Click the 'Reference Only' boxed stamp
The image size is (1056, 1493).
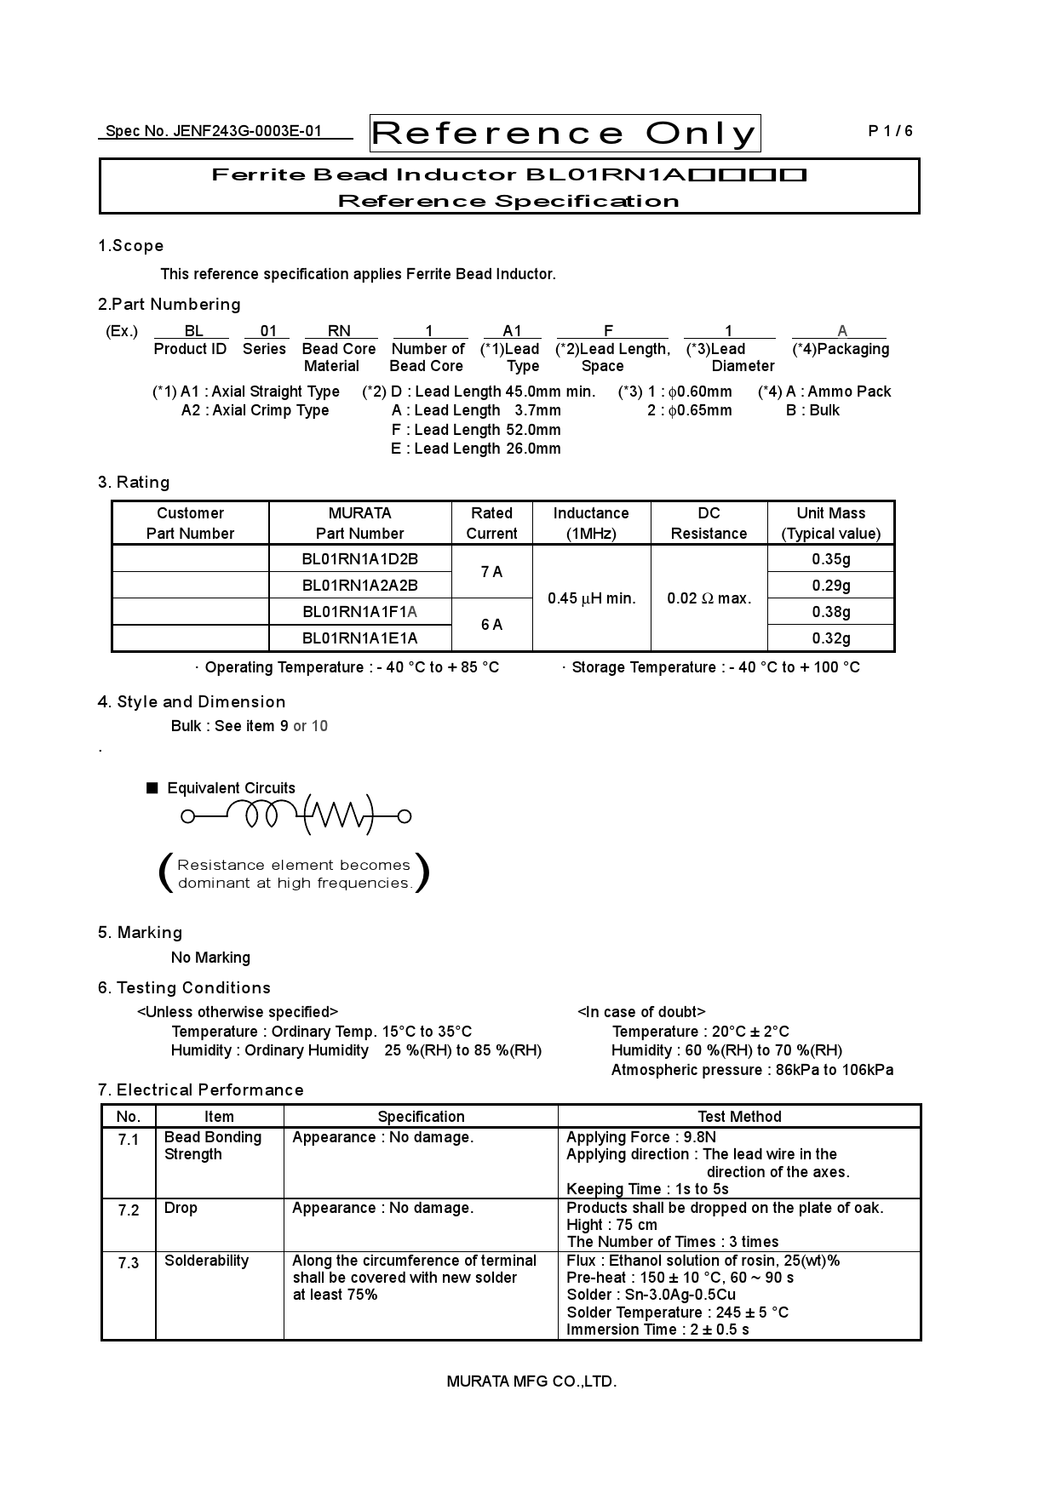pyautogui.click(x=565, y=134)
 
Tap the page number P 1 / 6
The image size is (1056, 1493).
pyautogui.click(x=890, y=131)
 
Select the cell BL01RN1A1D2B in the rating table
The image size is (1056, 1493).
pyautogui.click(x=360, y=559)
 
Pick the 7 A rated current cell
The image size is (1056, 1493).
pyautogui.click(x=491, y=572)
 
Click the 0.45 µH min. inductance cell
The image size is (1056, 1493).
pyautogui.click(x=591, y=598)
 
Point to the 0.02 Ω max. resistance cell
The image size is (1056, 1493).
pyautogui.click(x=709, y=598)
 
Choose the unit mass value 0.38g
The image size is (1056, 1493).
pyautogui.click(x=830, y=612)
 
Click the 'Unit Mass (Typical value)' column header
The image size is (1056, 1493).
pyautogui.click(x=830, y=523)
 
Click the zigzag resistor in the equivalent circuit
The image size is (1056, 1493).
pyautogui.click(x=338, y=816)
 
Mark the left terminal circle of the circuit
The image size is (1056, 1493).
pyautogui.click(x=188, y=817)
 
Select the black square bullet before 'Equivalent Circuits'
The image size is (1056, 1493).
pyautogui.click(x=152, y=788)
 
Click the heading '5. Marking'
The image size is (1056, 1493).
pyautogui.click(x=140, y=933)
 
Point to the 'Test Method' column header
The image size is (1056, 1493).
pyautogui.click(x=739, y=1117)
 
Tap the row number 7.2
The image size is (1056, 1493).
pyautogui.click(x=129, y=1210)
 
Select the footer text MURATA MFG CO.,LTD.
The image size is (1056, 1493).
pyautogui.click(x=531, y=1381)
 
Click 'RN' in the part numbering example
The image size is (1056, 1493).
pyautogui.click(x=339, y=331)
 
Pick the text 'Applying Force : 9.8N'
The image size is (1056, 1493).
pyautogui.click(x=640, y=1137)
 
